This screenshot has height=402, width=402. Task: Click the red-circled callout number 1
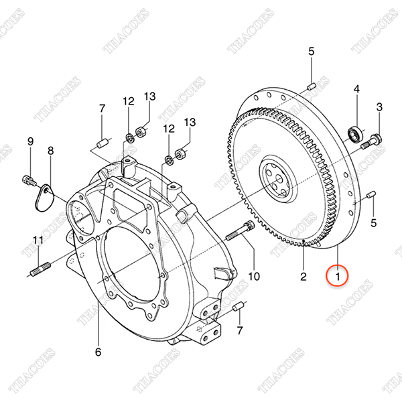[338, 277]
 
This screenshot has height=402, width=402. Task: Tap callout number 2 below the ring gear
[304, 277]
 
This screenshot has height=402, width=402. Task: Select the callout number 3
[379, 107]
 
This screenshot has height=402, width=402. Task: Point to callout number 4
[356, 89]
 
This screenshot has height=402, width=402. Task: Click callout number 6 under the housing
[98, 352]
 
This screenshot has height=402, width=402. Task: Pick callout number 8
[51, 151]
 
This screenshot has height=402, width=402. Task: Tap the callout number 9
[31, 141]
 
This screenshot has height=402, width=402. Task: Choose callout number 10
[254, 276]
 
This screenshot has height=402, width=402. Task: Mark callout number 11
[38, 241]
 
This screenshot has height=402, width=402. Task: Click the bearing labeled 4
[355, 134]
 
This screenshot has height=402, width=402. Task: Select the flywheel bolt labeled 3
[371, 142]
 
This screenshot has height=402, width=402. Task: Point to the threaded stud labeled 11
[40, 269]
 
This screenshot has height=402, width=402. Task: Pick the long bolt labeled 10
[240, 230]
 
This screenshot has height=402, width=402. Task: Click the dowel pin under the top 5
[312, 86]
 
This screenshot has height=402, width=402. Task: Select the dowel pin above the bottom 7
[238, 306]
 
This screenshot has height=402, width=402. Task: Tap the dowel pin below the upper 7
[102, 143]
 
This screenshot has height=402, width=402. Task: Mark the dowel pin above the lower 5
[371, 194]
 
